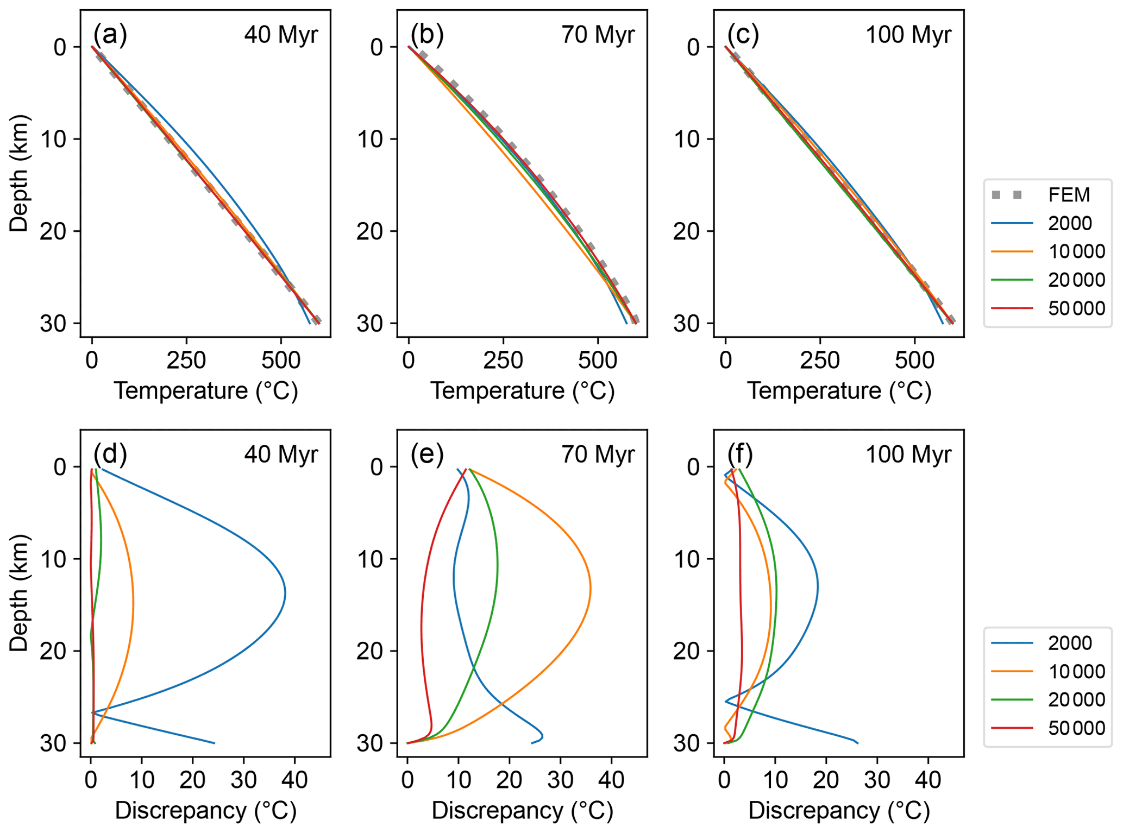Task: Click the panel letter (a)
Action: tap(110, 34)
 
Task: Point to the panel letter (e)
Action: tap(427, 454)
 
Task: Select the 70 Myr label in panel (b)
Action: tap(598, 35)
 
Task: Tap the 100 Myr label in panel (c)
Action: tap(908, 35)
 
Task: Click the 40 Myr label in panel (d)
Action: tap(281, 455)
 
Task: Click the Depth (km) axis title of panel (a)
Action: tap(18, 174)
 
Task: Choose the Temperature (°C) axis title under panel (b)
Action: tap(522, 391)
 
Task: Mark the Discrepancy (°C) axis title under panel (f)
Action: tap(839, 811)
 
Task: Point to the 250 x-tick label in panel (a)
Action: tap(186, 360)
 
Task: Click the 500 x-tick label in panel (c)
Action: tap(914, 360)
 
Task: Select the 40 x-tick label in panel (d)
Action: tap(294, 780)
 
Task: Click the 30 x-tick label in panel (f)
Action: tap(877, 780)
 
